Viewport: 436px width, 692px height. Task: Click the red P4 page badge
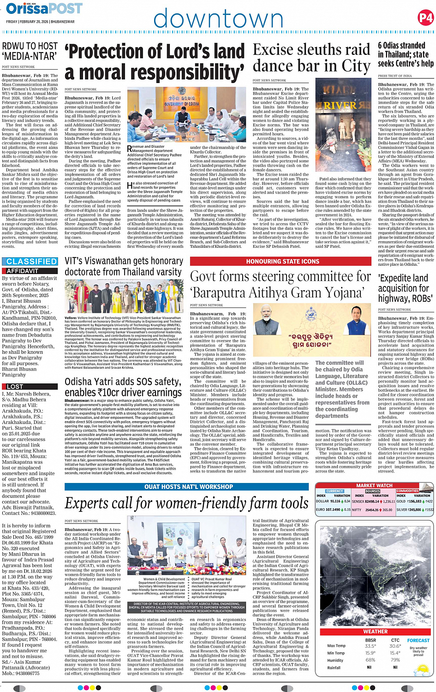tap(425, 18)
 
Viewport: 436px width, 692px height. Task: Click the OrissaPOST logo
tap(44, 8)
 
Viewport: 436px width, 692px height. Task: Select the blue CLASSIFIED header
tap(31, 262)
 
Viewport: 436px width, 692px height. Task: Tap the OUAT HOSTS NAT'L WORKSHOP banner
tap(188, 487)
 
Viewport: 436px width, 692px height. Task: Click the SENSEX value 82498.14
tap(372, 501)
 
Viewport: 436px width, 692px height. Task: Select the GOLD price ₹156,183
tap(414, 501)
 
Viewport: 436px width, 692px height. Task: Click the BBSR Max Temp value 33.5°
tap(370, 646)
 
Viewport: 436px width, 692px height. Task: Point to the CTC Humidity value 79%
tap(395, 660)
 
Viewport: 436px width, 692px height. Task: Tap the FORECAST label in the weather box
tap(418, 640)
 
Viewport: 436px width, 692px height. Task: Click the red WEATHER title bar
tap(375, 631)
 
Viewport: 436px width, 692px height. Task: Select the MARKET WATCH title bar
tap(374, 485)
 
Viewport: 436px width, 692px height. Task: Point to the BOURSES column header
tap(373, 491)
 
